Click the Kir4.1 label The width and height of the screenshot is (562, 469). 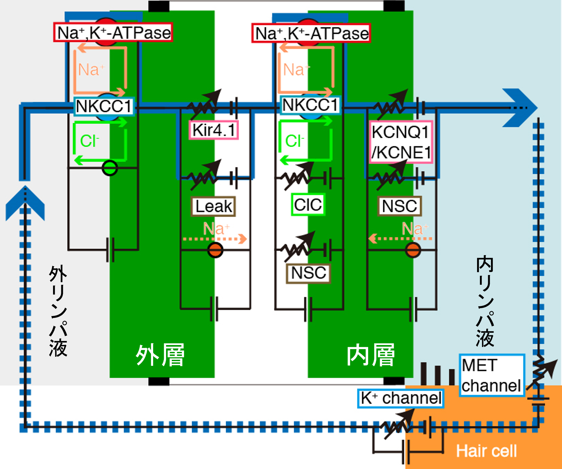pyautogui.click(x=214, y=130)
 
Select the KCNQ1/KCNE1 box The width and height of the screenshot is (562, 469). pyautogui.click(x=401, y=142)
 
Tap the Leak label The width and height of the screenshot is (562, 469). pyautogui.click(x=213, y=206)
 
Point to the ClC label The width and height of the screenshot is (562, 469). pyautogui.click(x=308, y=204)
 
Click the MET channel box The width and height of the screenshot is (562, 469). pyautogui.click(x=491, y=375)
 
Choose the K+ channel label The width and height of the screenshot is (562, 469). pyautogui.click(x=401, y=398)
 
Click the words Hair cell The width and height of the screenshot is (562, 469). pyautogui.click(x=486, y=451)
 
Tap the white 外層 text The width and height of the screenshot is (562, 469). pyautogui.click(x=160, y=355)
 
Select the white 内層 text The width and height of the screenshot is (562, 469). pyautogui.click(x=371, y=355)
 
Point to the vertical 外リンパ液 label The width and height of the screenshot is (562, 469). pyautogui.click(x=58, y=311)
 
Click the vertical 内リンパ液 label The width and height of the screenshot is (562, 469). pyautogui.click(x=485, y=302)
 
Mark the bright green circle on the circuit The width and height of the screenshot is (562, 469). pyautogui.click(x=110, y=168)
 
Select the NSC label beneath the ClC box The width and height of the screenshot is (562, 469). pyautogui.click(x=308, y=273)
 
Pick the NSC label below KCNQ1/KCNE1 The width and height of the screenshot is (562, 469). pyautogui.click(x=400, y=206)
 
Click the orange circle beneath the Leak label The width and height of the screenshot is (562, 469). pyautogui.click(x=215, y=250)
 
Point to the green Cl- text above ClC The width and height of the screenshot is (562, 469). pyautogui.click(x=294, y=141)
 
